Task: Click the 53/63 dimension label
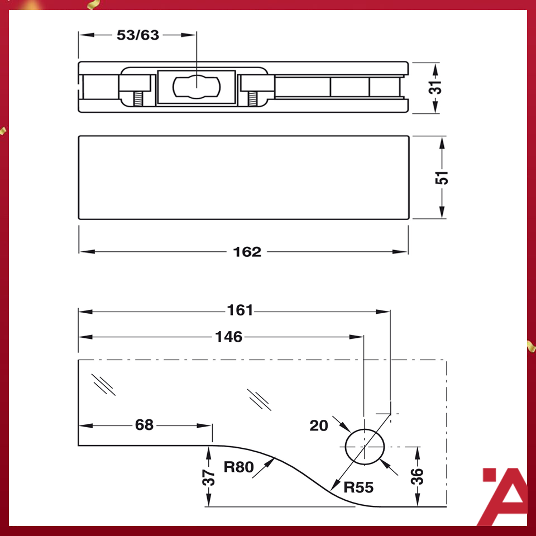coord(137,35)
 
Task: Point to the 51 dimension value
coord(442,177)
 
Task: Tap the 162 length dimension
coord(247,252)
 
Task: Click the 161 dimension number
coord(240,310)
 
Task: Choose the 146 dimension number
coord(229,337)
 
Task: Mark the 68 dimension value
coord(144,425)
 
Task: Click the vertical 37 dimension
coord(209,477)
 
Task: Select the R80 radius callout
coord(238,467)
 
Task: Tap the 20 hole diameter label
coord(319,426)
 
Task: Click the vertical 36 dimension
coord(418,476)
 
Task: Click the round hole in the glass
coord(366,447)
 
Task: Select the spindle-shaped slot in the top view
coord(197,87)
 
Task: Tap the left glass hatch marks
coord(104,384)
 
